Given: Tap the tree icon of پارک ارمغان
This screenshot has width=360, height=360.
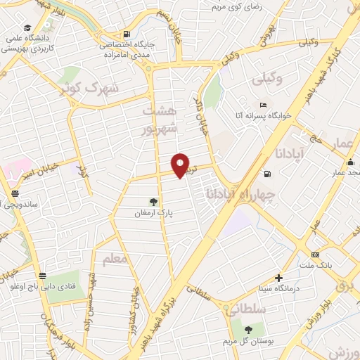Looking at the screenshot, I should coord(153,201).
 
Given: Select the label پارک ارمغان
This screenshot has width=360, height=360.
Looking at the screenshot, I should coord(154,212).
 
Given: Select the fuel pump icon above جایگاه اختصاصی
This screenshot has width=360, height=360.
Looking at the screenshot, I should coord(126,33).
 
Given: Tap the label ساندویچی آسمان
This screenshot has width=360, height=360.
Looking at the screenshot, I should coord(21,204).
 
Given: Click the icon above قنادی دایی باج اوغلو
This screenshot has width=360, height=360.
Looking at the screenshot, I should coord(44,275).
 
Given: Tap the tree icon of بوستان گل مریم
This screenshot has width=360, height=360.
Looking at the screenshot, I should coord(247,330).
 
